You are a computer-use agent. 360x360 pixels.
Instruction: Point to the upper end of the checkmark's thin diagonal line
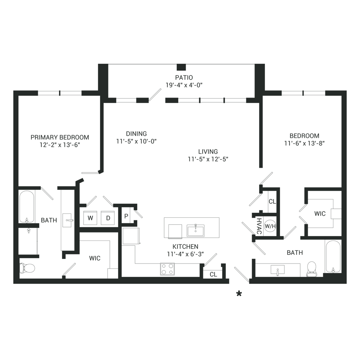tap(239, 176)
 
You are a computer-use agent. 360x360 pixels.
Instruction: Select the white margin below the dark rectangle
tap(180, 328)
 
